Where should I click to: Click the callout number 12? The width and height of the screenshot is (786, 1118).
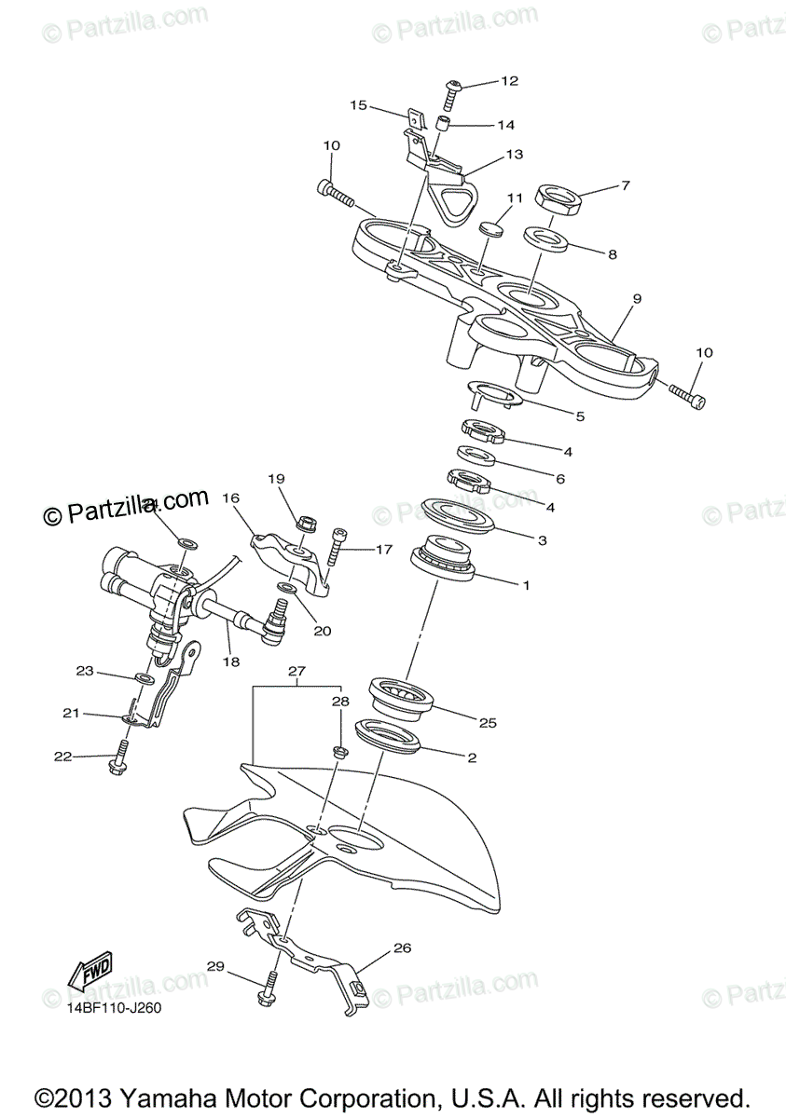508,81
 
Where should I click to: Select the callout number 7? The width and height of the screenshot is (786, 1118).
626,185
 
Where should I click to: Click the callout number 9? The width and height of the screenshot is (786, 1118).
637,299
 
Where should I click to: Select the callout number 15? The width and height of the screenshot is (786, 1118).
359,105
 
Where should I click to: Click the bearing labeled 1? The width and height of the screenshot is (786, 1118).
446,561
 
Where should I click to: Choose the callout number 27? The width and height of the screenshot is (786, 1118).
296,671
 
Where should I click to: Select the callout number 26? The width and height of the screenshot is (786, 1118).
402,949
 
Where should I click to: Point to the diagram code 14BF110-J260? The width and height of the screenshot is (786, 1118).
113,1008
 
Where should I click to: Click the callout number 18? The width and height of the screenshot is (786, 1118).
230,662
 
